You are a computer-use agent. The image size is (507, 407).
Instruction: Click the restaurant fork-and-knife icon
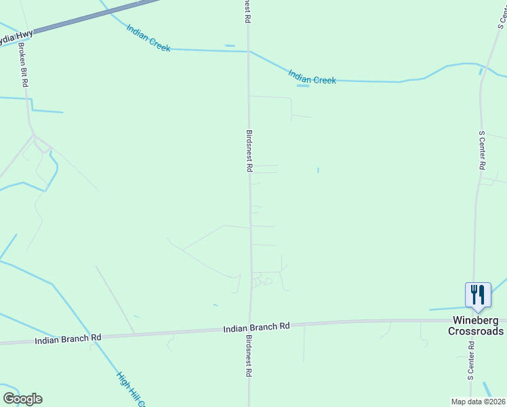pos(478,294)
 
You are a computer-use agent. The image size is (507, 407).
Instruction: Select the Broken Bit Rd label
pos(23,64)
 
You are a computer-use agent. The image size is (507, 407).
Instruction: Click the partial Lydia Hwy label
pos(15,37)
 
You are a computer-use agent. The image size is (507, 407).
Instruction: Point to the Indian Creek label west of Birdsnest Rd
pos(148,38)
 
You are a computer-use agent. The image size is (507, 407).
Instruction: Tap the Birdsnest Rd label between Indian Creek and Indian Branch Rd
pos(249,151)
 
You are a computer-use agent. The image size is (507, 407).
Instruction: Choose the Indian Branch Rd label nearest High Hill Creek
pos(68,337)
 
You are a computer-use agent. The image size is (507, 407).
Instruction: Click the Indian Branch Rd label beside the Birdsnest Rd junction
pos(256,327)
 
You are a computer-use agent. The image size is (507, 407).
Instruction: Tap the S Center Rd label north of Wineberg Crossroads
pos(482,151)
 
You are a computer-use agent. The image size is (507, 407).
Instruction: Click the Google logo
pos(22,399)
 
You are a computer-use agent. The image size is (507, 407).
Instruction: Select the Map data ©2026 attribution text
pos(479,402)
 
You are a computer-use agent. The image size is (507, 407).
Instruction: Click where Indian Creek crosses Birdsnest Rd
pos(248,51)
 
